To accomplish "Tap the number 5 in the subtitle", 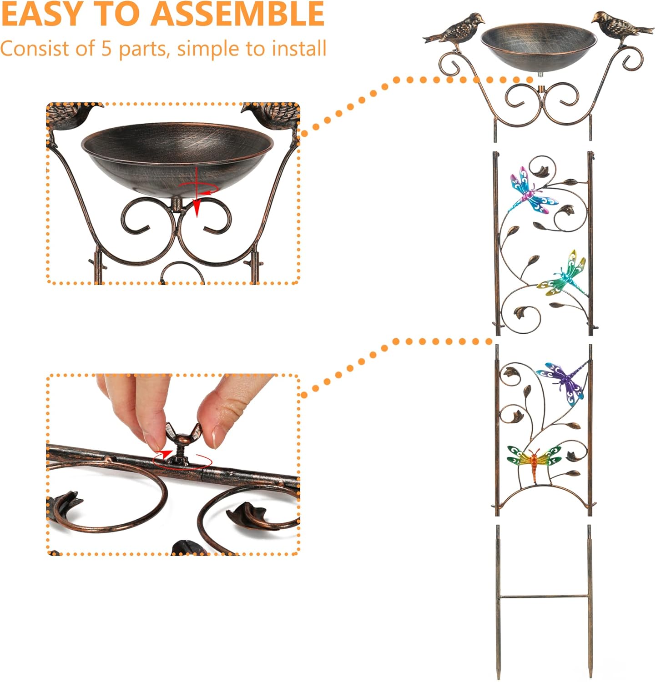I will [106, 49].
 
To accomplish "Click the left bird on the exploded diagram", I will [455, 29].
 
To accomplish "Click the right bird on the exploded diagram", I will [621, 27].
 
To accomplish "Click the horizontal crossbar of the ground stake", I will [544, 596].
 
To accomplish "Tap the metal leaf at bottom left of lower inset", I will [66, 505].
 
